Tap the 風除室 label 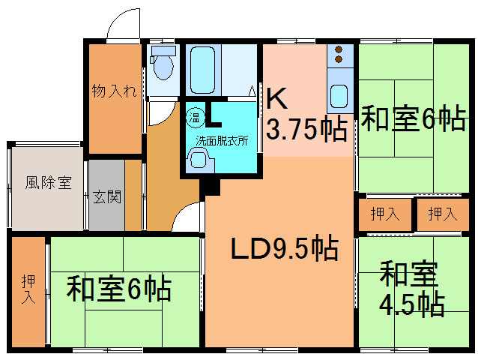pyautogui.click(x=48, y=182)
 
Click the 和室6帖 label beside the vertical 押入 pyautogui.click(x=120, y=289)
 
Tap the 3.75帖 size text pyautogui.click(x=307, y=129)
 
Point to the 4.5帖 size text pyautogui.click(x=409, y=304)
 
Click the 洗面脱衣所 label pyautogui.click(x=223, y=140)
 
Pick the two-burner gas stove pyautogui.click(x=339, y=55)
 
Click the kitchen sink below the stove pyautogui.click(x=339, y=97)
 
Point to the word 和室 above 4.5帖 pyautogui.click(x=409, y=274)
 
